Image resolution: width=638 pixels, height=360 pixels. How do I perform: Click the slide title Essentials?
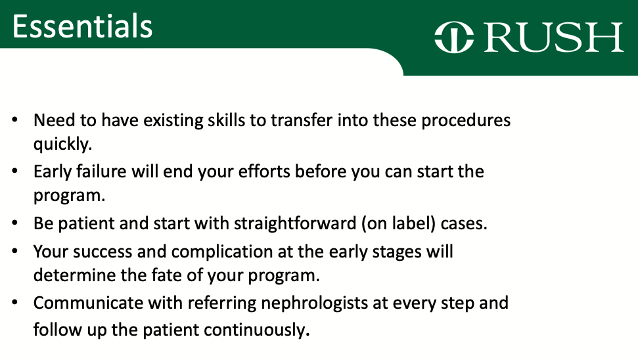tap(82, 26)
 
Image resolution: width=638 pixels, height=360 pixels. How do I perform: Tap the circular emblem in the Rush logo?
tap(454, 37)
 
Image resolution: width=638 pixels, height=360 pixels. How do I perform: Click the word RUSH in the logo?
tap(553, 37)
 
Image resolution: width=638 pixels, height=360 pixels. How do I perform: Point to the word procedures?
tap(465, 121)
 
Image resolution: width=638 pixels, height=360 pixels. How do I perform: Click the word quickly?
tap(62, 144)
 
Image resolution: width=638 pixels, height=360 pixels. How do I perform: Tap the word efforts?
tap(264, 171)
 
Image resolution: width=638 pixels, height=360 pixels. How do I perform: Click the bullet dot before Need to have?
tap(15, 120)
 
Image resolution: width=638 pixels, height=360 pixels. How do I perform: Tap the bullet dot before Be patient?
tap(15, 223)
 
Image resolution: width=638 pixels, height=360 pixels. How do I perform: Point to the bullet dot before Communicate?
tap(15, 303)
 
